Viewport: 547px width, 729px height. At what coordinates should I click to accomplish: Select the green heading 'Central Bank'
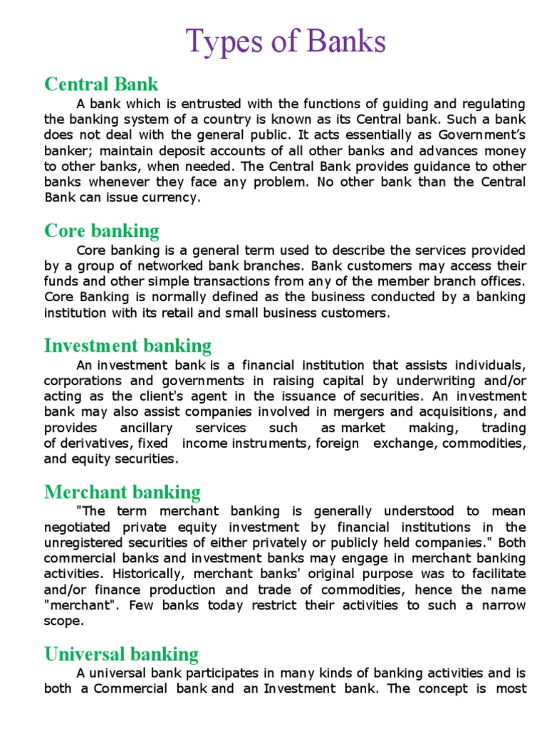pyautogui.click(x=101, y=84)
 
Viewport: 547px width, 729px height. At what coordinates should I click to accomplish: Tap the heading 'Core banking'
pyautogui.click(x=101, y=231)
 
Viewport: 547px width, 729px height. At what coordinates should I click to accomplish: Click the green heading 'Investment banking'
pyautogui.click(x=127, y=346)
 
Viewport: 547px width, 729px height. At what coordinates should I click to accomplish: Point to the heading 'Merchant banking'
pyautogui.click(x=122, y=492)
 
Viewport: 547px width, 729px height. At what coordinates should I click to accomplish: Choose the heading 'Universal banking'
pyautogui.click(x=121, y=654)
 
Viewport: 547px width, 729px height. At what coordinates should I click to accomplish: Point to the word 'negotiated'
pyautogui.click(x=78, y=527)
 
